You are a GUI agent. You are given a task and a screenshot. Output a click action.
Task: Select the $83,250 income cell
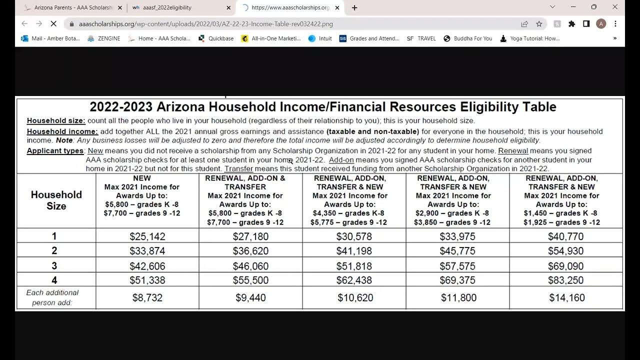[566, 280]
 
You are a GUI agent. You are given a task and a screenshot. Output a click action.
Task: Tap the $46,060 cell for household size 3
[250, 266]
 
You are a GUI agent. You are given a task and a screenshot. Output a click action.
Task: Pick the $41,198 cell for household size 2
[354, 251]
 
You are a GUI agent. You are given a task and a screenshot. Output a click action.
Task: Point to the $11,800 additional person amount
[458, 298]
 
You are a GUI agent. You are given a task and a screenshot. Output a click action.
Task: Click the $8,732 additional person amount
[147, 298]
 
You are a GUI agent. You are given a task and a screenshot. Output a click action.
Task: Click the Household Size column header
[56, 200]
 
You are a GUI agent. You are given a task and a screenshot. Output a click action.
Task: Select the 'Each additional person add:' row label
[52, 297]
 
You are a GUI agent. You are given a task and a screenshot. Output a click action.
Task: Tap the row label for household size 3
[54, 265]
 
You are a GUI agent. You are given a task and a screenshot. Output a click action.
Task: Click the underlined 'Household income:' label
[62, 131]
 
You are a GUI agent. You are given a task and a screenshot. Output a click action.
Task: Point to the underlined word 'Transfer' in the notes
[238, 169]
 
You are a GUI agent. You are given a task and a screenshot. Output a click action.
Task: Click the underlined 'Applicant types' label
[55, 150]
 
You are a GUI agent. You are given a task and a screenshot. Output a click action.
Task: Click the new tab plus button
[354, 7]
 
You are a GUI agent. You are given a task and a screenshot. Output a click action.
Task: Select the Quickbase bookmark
[216, 38]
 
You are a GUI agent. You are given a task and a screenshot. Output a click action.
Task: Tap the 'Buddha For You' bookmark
[468, 38]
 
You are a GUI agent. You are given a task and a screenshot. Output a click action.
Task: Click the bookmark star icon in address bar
[539, 24]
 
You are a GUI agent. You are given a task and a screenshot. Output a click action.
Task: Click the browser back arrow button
[24, 24]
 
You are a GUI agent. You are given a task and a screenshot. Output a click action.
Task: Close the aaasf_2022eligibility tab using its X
[228, 7]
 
